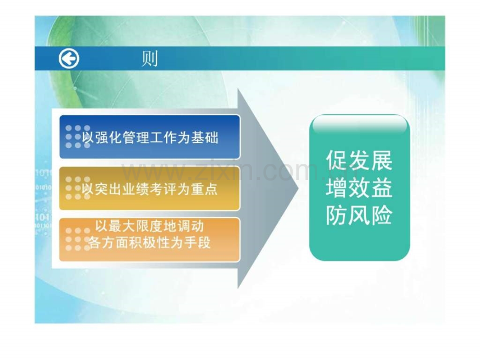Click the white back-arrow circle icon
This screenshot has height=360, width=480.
69,58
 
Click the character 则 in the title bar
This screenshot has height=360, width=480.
150,58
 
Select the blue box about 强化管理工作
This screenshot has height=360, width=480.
150,137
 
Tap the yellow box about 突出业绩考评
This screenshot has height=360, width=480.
150,188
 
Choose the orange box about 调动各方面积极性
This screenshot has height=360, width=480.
150,239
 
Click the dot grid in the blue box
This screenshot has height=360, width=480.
78,137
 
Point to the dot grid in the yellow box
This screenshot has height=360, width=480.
78,188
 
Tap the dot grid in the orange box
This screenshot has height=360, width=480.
78,239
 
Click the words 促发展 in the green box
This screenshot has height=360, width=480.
359,160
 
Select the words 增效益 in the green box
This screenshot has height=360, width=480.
359,187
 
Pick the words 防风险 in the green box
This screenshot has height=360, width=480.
359,215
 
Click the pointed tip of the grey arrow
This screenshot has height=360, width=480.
298,188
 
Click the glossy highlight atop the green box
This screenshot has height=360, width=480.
359,125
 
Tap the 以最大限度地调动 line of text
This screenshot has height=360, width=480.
149,226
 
